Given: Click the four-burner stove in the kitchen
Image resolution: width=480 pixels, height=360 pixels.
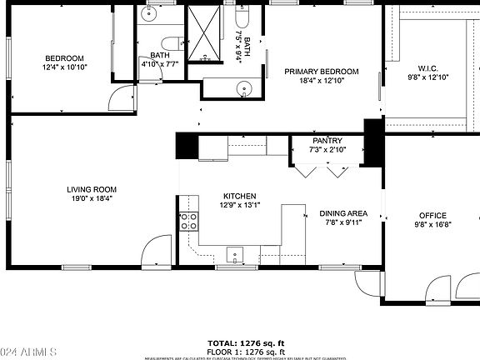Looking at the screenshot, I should click(188, 222).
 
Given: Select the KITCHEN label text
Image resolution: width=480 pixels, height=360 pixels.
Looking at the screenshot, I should click(238, 194).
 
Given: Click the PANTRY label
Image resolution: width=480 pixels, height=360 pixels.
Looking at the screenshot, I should click(327, 141).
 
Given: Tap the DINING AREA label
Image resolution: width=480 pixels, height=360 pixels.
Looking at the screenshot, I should click(343, 213).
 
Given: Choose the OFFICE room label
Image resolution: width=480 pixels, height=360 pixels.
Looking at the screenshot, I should click(431, 215).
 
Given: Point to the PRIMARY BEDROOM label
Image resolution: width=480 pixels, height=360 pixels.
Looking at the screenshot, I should click(321, 72).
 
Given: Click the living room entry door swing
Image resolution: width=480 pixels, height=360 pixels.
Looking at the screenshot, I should click(155, 252).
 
